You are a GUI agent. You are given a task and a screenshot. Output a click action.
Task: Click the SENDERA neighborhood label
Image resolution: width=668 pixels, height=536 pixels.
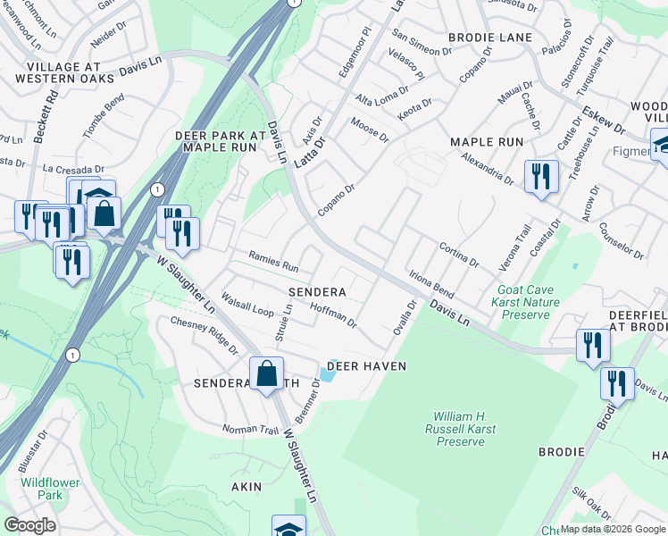point(316,292)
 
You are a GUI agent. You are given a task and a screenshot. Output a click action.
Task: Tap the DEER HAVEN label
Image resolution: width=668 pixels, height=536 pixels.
point(366,366)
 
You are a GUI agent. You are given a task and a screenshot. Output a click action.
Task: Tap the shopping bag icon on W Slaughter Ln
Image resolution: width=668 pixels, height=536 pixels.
point(267,374)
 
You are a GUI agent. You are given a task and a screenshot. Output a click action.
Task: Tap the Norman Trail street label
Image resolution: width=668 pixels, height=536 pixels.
point(251,430)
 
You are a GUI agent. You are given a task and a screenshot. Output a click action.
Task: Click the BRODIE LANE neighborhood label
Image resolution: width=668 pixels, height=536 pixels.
point(489,38)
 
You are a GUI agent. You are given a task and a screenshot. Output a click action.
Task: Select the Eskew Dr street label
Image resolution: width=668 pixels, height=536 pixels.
point(604,121)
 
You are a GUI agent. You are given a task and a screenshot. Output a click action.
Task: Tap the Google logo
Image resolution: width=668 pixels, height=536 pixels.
point(29,525)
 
